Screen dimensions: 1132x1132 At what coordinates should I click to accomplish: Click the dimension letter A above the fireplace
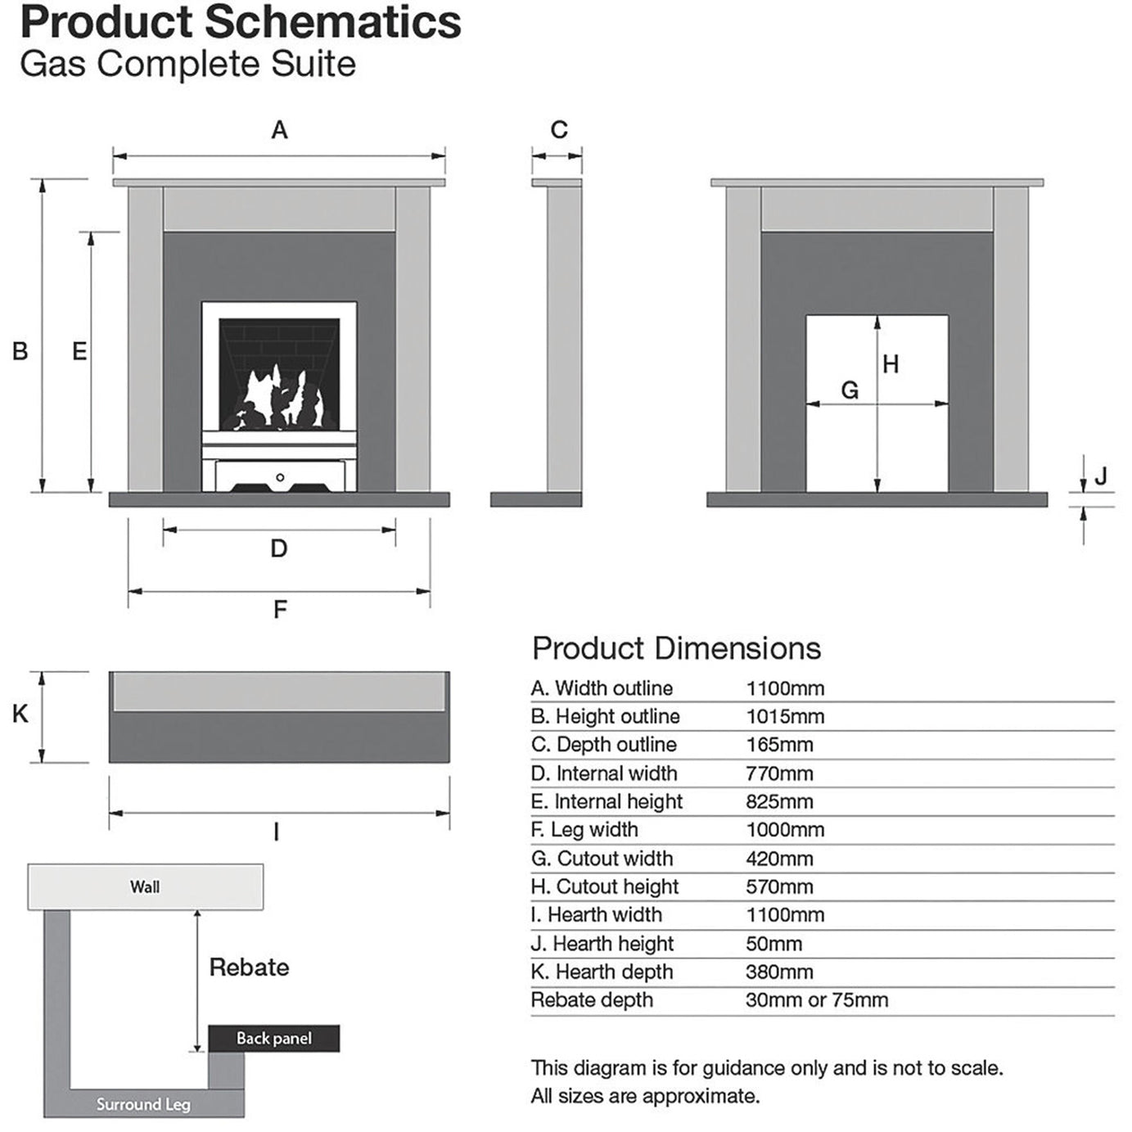click(x=279, y=130)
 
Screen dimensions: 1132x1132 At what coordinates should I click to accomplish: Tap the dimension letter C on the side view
click(x=559, y=130)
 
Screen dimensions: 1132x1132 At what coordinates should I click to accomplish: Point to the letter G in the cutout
click(x=850, y=390)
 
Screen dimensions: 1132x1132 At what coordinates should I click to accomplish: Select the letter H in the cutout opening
click(x=891, y=364)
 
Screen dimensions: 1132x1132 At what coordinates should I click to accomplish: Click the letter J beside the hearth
click(x=1101, y=476)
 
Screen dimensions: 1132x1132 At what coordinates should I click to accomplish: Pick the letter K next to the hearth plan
click(x=20, y=715)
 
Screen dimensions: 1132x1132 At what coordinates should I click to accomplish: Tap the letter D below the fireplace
click(x=279, y=548)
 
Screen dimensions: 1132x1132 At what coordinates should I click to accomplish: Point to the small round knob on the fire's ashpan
click(x=280, y=477)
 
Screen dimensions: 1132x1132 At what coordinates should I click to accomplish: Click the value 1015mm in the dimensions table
click(x=785, y=717)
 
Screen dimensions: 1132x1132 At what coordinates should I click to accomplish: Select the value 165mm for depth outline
click(x=779, y=745)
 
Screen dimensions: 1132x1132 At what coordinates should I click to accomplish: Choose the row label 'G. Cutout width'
click(x=602, y=859)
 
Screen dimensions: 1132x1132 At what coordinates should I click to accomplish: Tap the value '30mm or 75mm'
click(x=816, y=1000)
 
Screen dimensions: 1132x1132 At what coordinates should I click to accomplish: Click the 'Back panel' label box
click(x=273, y=1039)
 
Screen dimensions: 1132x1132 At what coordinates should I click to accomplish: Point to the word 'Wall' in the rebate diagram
click(x=145, y=887)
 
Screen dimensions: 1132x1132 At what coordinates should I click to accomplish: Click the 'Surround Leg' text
click(x=143, y=1104)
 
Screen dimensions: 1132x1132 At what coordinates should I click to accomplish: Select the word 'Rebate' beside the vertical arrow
click(x=249, y=967)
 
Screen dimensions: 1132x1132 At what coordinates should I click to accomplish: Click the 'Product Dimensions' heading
click(x=676, y=648)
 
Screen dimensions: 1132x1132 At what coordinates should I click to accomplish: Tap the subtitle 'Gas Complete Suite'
click(x=188, y=65)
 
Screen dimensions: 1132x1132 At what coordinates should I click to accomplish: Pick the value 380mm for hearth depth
click(x=779, y=972)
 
